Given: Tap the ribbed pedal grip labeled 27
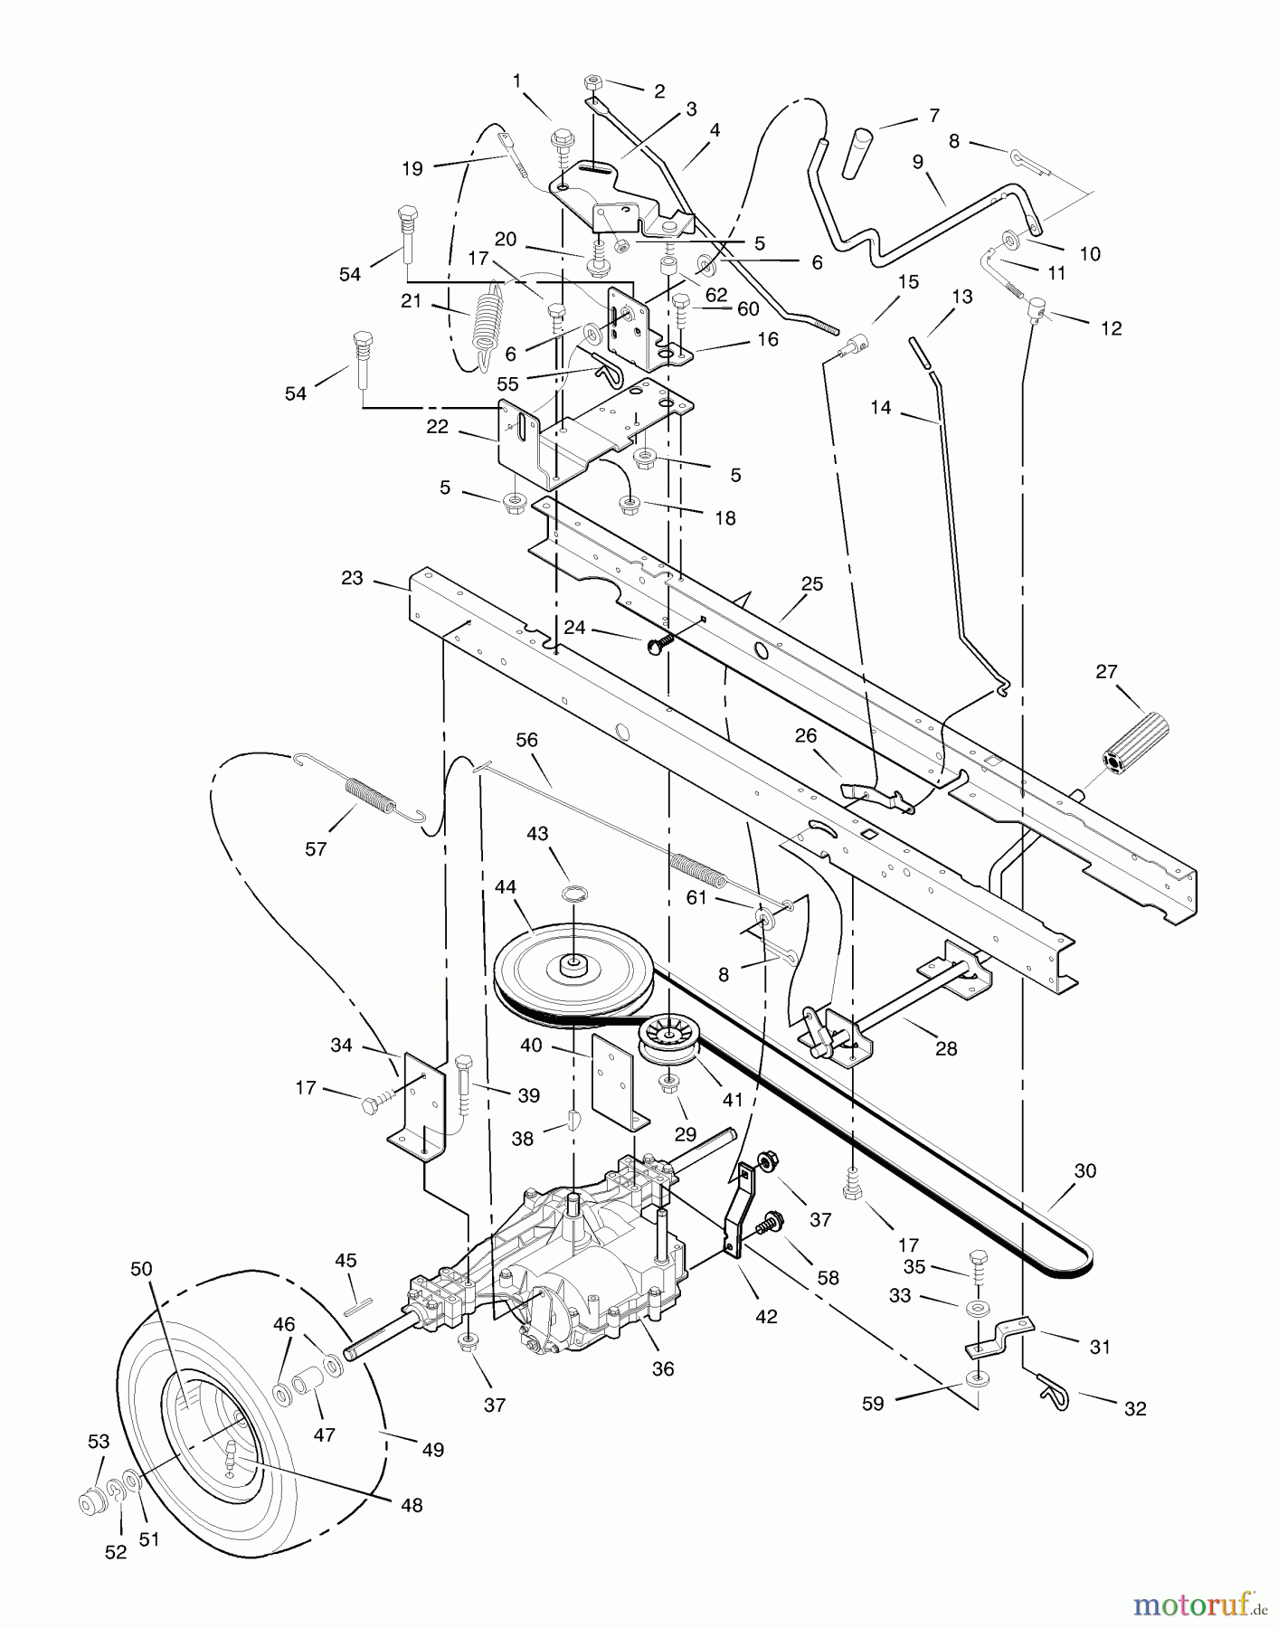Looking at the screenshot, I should (x=1135, y=743).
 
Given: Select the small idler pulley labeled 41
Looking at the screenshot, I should (x=667, y=1039).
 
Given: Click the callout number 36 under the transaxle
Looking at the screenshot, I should (x=663, y=1368).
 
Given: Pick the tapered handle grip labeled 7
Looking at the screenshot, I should (x=857, y=154).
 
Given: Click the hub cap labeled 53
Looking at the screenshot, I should (x=91, y=1502).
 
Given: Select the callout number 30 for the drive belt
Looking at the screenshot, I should (x=1084, y=1170).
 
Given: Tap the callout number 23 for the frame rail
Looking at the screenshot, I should (x=352, y=578).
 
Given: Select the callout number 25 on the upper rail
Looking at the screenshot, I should (x=811, y=583).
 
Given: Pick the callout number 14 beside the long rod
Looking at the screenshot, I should (x=880, y=408).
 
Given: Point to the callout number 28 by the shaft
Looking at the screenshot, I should (x=946, y=1048).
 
